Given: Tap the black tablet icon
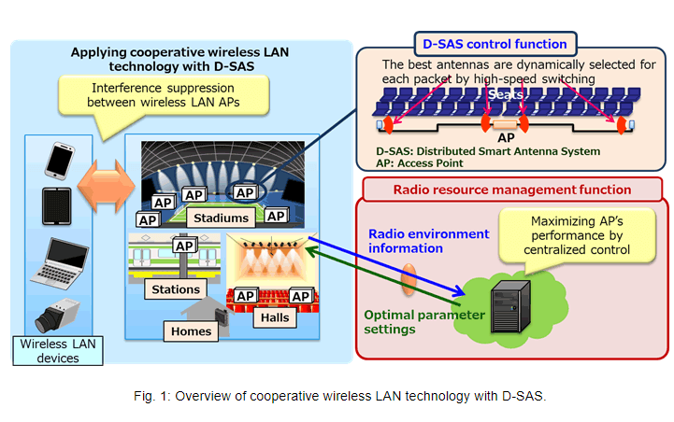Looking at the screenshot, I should pyautogui.click(x=57, y=205).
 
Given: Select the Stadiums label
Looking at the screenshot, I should pyautogui.click(x=222, y=218).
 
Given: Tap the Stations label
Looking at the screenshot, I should pyautogui.click(x=177, y=289).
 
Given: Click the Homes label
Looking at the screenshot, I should pyautogui.click(x=192, y=330).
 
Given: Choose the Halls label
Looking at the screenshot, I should pyautogui.click(x=273, y=317).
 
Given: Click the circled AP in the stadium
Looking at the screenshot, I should pyautogui.click(x=246, y=192).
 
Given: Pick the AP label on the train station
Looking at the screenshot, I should pyautogui.click(x=184, y=245).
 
